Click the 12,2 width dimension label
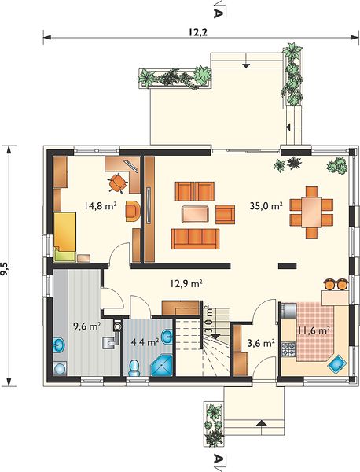pyautogui.click(x=198, y=32)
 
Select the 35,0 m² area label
pyautogui.click(x=266, y=206)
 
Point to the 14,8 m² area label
pyautogui.click(x=101, y=206)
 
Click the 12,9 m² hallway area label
pyautogui.click(x=186, y=283)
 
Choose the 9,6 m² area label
pyautogui.click(x=87, y=326)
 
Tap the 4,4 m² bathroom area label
pyautogui.click(x=145, y=342)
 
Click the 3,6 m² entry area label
pyautogui.click(x=261, y=342)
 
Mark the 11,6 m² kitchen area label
pyautogui.click(x=314, y=330)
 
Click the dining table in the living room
pyautogui.click(x=311, y=212)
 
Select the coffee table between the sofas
pyautogui.click(x=195, y=214)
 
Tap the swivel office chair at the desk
pyautogui.click(x=117, y=183)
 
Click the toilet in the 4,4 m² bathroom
pyautogui.click(x=134, y=368)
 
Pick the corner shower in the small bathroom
pyautogui.click(x=162, y=366)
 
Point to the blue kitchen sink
pyautogui.click(x=337, y=364)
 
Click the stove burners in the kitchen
pyautogui.click(x=288, y=349)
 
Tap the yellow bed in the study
pyautogui.click(x=64, y=232)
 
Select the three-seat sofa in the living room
pyautogui.click(x=195, y=238)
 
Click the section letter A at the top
pyautogui.click(x=218, y=13)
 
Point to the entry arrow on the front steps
pyautogui.click(x=262, y=423)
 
